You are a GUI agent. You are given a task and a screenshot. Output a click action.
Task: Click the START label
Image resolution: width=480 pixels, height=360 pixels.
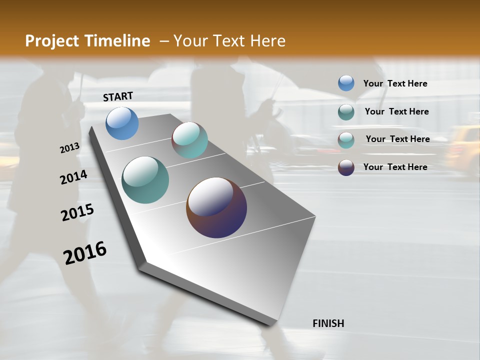(118, 96)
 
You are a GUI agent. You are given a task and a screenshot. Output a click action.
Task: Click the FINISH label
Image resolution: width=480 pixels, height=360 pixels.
(328, 323)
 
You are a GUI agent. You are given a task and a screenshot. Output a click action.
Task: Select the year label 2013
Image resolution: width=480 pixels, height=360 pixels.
(69, 148)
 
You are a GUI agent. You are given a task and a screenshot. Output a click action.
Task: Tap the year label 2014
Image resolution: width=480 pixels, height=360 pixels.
(73, 177)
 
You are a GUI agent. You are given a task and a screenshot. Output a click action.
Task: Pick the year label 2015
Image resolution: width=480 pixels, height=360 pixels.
(77, 212)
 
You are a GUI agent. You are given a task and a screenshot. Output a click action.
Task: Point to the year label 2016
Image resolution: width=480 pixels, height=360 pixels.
(85, 253)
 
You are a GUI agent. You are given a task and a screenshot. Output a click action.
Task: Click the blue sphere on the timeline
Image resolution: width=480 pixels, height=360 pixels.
(122, 123)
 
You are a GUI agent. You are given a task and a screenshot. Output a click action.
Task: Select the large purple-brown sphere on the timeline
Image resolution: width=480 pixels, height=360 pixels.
(216, 207)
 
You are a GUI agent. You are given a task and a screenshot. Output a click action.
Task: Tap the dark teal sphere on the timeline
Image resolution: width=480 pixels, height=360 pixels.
(145, 180)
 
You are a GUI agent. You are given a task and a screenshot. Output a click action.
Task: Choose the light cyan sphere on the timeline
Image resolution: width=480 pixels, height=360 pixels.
(189, 140)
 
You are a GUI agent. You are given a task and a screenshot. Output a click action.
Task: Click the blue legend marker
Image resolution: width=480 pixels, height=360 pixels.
(346, 83)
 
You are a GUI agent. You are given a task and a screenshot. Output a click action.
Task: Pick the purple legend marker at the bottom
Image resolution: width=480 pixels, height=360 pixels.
(346, 167)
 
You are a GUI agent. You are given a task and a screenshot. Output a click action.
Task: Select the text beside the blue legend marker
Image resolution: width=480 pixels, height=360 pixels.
(395, 84)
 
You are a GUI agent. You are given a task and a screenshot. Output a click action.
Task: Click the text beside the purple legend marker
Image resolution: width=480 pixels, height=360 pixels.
(395, 167)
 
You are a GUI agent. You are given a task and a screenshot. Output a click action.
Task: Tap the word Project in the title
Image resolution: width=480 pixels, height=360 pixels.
(52, 41)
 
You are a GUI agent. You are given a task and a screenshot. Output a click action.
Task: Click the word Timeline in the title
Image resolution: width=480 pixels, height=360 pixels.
(118, 41)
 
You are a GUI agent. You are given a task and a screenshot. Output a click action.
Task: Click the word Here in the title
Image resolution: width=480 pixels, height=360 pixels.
(267, 41)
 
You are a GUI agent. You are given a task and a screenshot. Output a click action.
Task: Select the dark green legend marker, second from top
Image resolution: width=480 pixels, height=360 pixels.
(346, 112)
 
